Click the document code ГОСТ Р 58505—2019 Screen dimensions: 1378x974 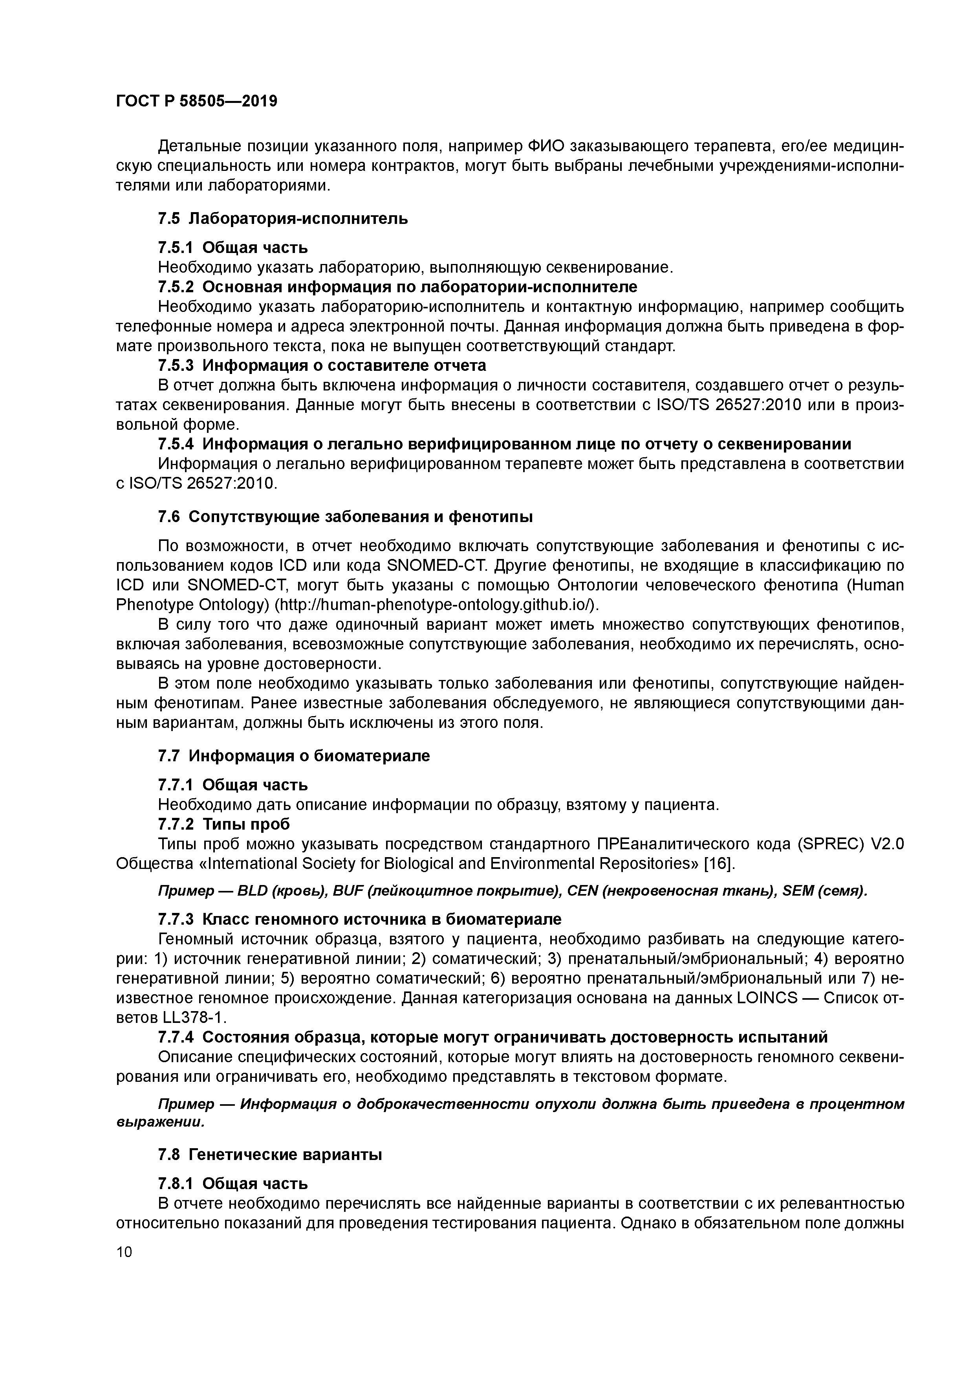click(x=197, y=101)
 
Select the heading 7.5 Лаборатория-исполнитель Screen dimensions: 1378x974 click(x=283, y=219)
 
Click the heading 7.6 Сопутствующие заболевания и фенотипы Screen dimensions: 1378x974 click(x=345, y=517)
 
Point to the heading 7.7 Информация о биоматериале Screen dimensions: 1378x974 click(x=294, y=756)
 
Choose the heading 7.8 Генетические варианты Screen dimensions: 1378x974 click(x=270, y=1154)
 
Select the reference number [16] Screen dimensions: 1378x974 click(x=718, y=863)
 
